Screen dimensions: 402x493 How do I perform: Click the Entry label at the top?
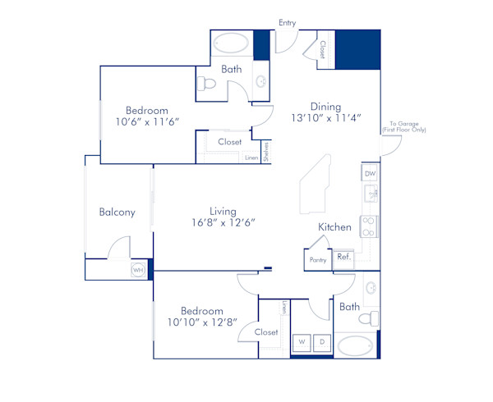[287, 23]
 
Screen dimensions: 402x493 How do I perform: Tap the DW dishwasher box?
[370, 174]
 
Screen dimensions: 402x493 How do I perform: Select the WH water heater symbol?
[138, 269]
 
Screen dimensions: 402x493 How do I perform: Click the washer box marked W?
[302, 340]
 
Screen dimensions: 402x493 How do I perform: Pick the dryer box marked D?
[322, 340]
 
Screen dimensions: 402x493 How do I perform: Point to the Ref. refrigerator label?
[343, 257]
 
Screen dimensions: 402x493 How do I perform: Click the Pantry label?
[318, 260]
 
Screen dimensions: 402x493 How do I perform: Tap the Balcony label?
[117, 212]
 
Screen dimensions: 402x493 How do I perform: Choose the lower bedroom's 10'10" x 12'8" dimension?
[202, 323]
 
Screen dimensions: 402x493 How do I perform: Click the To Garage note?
[402, 127]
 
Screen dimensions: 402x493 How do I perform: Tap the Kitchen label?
[334, 227]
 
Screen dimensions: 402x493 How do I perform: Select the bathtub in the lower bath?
[354, 345]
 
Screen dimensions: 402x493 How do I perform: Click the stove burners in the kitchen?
[370, 226]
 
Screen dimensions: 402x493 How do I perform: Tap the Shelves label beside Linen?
[266, 152]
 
